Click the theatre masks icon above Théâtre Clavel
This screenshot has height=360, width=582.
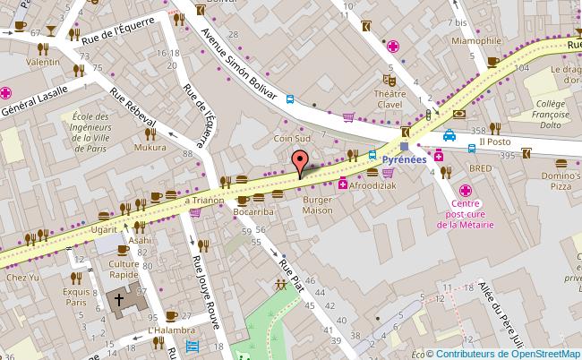[389, 78]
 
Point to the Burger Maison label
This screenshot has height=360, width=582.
[317, 204]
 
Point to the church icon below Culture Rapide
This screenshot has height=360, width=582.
[119, 299]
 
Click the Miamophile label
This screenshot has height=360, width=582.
[476, 40]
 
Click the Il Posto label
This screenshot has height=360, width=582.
[494, 141]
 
